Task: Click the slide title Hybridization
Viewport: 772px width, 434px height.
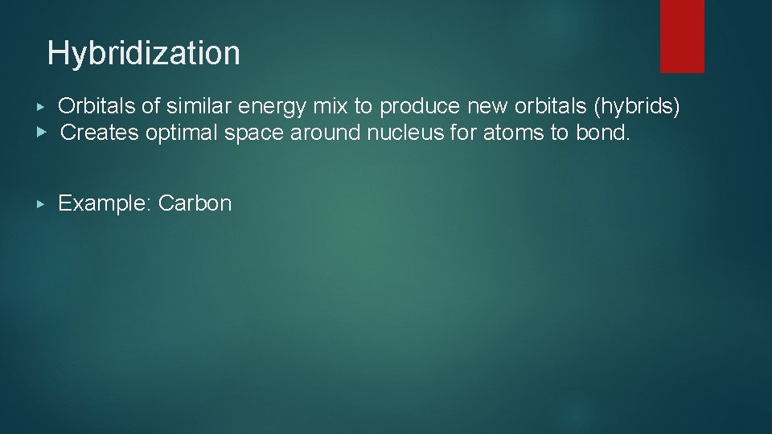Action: [143, 54]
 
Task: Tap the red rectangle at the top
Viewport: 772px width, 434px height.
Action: [682, 36]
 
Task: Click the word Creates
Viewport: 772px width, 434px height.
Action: [100, 133]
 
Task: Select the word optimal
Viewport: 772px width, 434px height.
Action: [182, 133]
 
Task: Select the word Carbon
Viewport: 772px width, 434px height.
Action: [195, 203]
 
